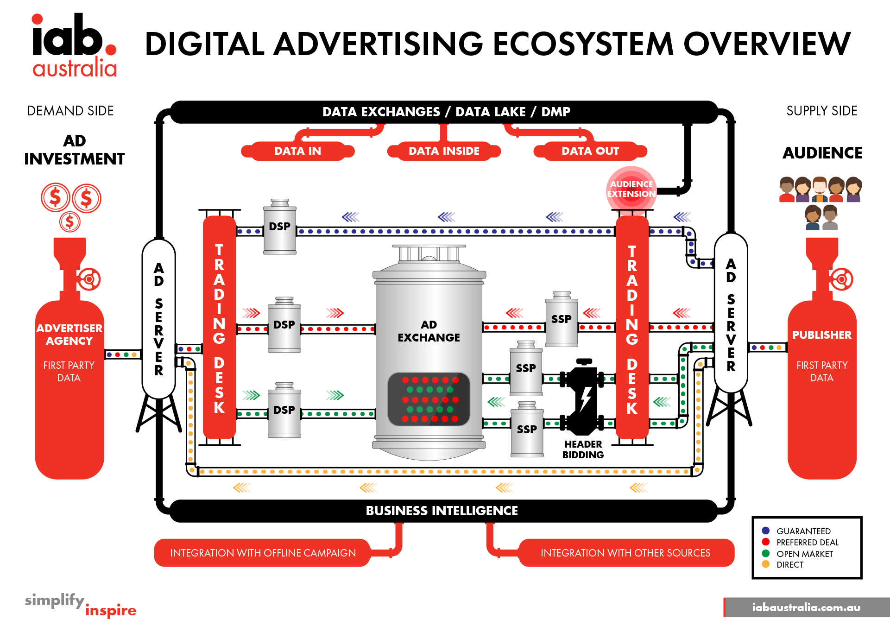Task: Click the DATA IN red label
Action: pyautogui.click(x=298, y=151)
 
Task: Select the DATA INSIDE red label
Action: pyautogui.click(x=444, y=151)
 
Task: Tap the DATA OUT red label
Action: pyautogui.click(x=590, y=151)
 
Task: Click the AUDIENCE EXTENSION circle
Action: pyautogui.click(x=631, y=189)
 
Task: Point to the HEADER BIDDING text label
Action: pyautogui.click(x=583, y=449)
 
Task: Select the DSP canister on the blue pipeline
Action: pyautogui.click(x=280, y=227)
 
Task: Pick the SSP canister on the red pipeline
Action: pyautogui.click(x=562, y=319)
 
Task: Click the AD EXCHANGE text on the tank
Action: pyautogui.click(x=429, y=331)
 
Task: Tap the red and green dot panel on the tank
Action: pyautogui.click(x=429, y=399)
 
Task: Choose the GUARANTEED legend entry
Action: pyautogui.click(x=796, y=531)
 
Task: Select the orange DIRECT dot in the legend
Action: pyautogui.click(x=766, y=564)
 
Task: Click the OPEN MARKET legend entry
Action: pyautogui.click(x=797, y=554)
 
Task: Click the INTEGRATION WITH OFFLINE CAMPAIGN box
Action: pyautogui.click(x=263, y=553)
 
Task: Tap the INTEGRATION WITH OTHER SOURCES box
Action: pyautogui.click(x=626, y=553)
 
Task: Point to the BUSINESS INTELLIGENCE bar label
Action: pyautogui.click(x=442, y=511)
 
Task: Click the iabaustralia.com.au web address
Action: pyautogui.click(x=806, y=607)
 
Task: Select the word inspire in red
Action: pyautogui.click(x=111, y=610)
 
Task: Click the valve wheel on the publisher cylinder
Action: pyautogui.click(x=841, y=279)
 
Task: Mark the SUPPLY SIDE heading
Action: pyautogui.click(x=822, y=111)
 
